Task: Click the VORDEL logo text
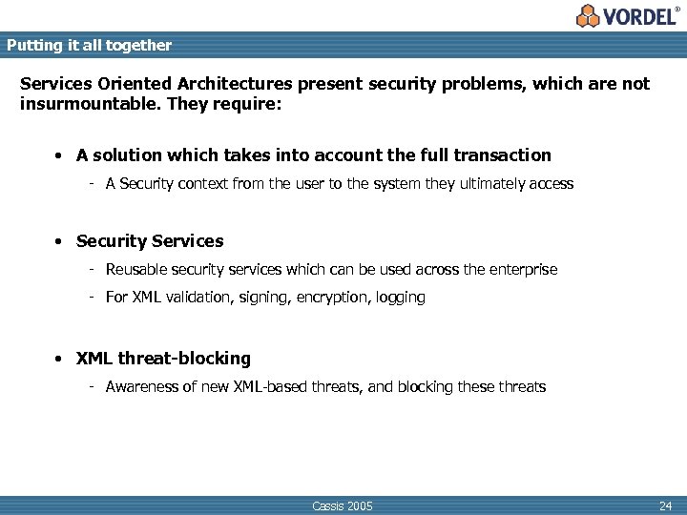(639, 16)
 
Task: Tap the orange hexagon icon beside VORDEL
(588, 15)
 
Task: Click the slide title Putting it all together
(89, 45)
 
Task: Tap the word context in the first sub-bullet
(198, 183)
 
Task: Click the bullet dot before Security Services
(59, 241)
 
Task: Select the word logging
(401, 297)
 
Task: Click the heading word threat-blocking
(184, 359)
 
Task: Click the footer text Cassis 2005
(343, 505)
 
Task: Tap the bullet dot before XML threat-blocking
(59, 360)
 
